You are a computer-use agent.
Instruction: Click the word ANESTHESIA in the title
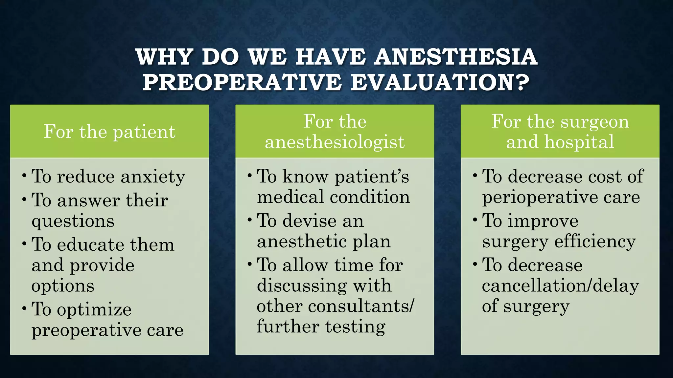pyautogui.click(x=455, y=57)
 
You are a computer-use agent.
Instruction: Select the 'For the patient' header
pyautogui.click(x=109, y=132)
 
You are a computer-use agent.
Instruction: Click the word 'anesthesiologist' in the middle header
pyautogui.click(x=335, y=142)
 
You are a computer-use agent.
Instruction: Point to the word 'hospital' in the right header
pyautogui.click(x=579, y=142)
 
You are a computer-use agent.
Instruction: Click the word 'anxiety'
pyautogui.click(x=153, y=177)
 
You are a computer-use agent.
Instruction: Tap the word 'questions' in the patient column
pyautogui.click(x=73, y=221)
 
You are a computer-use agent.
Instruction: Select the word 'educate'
pyautogui.click(x=90, y=245)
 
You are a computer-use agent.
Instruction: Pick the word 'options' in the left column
pyautogui.click(x=63, y=286)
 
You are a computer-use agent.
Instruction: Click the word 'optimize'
pyautogui.click(x=94, y=309)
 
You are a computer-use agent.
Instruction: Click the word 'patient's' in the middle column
pyautogui.click(x=372, y=177)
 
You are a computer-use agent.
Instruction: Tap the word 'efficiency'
pyautogui.click(x=595, y=242)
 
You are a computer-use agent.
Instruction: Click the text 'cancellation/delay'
pyautogui.click(x=560, y=286)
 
